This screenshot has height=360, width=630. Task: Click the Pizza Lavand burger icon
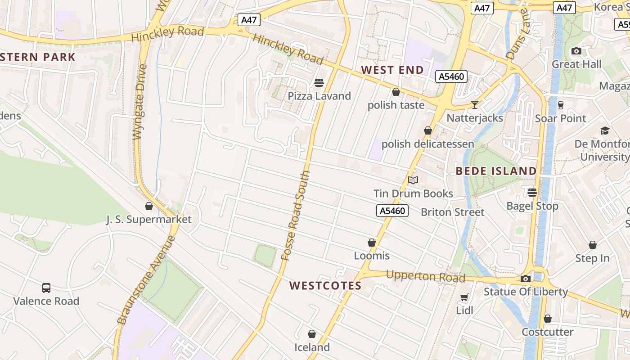point(319,83)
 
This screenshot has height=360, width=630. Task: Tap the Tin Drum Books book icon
point(413,180)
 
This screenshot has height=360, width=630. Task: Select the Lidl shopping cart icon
point(464,297)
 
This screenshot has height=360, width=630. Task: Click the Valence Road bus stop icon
point(46,288)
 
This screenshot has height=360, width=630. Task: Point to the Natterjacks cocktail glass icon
point(475,105)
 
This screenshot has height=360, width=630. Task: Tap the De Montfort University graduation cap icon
point(605,130)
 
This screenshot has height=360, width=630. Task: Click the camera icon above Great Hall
point(576,51)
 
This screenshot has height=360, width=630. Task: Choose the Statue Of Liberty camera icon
point(525,279)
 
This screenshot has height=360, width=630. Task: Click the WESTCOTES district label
point(325,286)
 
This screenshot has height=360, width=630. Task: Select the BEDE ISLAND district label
point(496,171)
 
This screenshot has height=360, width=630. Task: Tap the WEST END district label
point(392,70)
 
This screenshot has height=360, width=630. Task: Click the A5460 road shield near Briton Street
point(392,211)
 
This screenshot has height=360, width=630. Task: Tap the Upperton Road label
point(425,276)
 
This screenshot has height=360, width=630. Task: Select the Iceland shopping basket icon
point(312,334)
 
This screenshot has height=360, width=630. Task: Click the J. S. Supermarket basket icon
point(149,206)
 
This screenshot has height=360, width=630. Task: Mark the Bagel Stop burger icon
point(532,193)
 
